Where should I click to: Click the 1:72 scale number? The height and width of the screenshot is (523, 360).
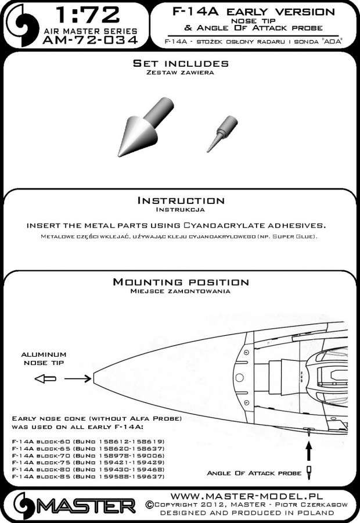point(87,15)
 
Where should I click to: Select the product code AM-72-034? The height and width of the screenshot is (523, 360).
point(91,40)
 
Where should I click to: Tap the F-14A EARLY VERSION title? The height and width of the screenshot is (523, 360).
point(254,12)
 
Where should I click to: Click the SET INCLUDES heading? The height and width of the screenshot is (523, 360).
point(181,63)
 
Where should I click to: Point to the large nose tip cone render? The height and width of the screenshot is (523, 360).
point(146,127)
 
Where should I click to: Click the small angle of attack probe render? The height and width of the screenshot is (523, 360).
point(222,134)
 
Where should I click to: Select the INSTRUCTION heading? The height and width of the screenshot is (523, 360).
point(181,200)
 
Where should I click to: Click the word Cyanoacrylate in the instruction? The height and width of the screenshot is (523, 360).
point(221,225)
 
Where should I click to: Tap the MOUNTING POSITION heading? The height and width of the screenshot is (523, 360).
point(181,282)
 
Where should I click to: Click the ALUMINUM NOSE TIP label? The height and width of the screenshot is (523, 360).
point(44,359)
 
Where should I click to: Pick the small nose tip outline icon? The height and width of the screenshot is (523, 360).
point(45,379)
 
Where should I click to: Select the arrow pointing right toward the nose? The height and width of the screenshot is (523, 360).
point(78,378)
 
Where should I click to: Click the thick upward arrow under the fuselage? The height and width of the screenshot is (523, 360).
point(309,450)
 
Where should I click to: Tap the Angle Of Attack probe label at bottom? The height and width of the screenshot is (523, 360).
point(254,473)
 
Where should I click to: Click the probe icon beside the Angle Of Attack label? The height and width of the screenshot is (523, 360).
point(309,472)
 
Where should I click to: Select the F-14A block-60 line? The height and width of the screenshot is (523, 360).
point(88,442)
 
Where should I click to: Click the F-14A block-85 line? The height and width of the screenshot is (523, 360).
point(88,477)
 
